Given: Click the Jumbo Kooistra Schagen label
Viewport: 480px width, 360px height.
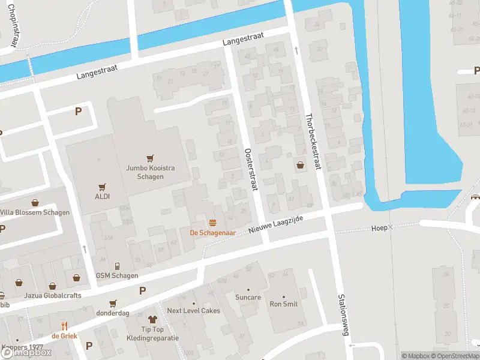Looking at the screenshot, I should pos(151,172).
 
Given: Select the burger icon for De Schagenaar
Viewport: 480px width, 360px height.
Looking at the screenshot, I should pos(212,222).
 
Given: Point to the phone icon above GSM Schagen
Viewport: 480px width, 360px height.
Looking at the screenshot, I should pos(117,266).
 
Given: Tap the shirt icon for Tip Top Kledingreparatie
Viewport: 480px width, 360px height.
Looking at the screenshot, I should pos(152,320).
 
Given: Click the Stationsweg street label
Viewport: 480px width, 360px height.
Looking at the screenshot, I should pos(342,314).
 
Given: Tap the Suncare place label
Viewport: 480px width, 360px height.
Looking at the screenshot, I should pos(248,297).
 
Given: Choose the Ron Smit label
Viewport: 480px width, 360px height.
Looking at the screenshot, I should pos(284,304).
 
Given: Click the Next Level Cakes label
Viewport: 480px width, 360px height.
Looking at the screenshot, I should pos(193,311).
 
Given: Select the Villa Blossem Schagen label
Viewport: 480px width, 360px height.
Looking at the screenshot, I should pos(35,212).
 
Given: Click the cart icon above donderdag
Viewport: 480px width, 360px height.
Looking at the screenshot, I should pos(112,304).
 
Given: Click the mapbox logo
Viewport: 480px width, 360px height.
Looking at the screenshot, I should pos(26,353).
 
